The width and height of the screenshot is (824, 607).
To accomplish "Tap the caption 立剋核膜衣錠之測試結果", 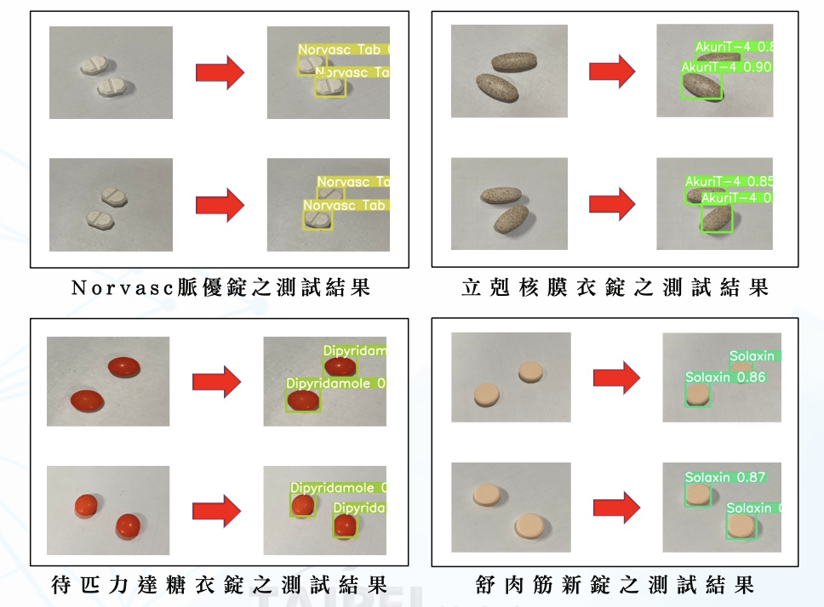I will click(615, 287).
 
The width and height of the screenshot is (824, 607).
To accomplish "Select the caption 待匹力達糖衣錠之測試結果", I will click(219, 585).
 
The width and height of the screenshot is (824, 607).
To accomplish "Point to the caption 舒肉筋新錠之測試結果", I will click(615, 585).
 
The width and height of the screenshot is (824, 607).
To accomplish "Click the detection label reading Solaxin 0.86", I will click(713, 377).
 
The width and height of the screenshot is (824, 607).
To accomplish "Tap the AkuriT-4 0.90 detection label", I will click(726, 66).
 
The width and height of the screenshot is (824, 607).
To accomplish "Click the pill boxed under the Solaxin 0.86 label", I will click(698, 394).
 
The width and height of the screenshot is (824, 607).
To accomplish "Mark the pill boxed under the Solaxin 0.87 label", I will click(698, 495).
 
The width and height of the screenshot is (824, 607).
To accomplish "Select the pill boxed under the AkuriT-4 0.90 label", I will click(701, 85).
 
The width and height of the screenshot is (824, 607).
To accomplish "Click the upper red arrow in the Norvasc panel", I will click(220, 73).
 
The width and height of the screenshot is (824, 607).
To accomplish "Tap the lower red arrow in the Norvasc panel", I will click(220, 206).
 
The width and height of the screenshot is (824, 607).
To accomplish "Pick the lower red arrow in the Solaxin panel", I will click(615, 508).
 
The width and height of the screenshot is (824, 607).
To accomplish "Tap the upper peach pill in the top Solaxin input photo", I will click(531, 372).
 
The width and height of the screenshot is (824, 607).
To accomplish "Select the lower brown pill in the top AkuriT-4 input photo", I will click(497, 88).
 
